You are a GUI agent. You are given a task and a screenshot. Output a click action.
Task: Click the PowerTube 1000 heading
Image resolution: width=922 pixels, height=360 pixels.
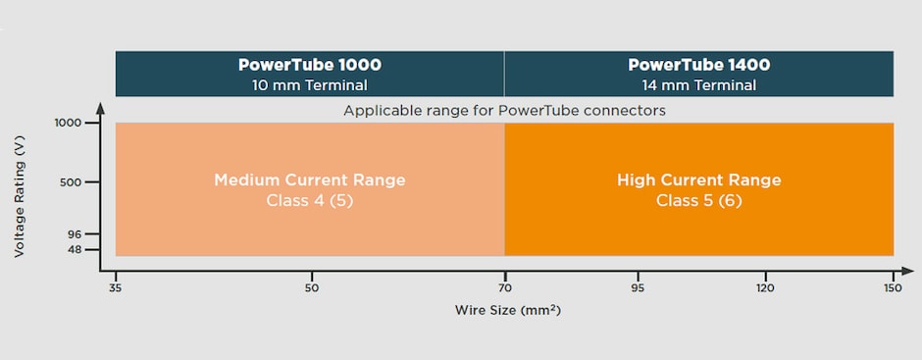click(x=309, y=66)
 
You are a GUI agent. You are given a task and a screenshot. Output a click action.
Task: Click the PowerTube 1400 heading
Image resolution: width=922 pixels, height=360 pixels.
click(x=698, y=66)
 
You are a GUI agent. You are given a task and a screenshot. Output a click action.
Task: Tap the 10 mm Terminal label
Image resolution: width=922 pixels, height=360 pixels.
click(x=309, y=85)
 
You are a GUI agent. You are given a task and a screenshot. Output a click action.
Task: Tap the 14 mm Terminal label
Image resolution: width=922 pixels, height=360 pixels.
click(x=698, y=85)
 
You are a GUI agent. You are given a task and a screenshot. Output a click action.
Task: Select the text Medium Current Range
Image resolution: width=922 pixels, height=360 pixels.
click(x=309, y=180)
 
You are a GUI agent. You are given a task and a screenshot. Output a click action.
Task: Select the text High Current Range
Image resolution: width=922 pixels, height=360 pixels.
click(x=698, y=180)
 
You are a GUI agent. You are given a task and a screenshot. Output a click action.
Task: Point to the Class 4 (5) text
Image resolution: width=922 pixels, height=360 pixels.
click(x=309, y=200)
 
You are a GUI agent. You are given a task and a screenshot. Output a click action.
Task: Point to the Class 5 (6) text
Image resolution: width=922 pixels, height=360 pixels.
click(x=698, y=200)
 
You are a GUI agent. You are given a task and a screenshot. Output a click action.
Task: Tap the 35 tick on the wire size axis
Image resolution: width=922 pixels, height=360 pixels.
click(x=116, y=287)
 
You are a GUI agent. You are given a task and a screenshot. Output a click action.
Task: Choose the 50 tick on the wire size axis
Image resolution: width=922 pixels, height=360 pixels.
click(x=311, y=287)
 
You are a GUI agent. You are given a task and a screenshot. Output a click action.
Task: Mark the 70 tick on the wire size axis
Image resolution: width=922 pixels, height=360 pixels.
click(x=505, y=287)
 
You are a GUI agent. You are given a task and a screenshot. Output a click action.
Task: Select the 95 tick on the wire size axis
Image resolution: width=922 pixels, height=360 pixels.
click(x=638, y=287)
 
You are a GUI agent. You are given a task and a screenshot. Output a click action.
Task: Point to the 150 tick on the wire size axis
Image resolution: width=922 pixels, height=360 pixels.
click(x=892, y=287)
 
